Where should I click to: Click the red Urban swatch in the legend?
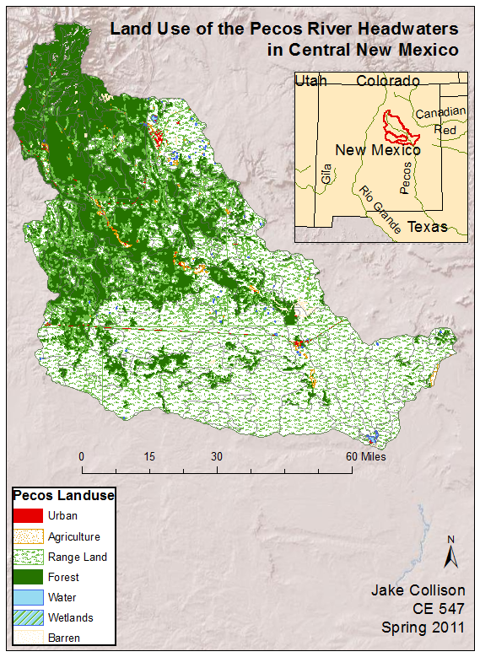point(28,515)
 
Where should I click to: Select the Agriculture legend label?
point(73,536)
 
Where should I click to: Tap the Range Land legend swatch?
point(28,557)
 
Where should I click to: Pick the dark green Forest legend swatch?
point(28,577)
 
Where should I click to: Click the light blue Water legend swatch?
point(28,597)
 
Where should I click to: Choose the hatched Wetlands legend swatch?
point(28,617)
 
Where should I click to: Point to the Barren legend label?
point(64,638)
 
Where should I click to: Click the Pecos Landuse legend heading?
point(63,495)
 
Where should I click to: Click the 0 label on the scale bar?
point(82,456)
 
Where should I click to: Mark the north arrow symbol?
point(451,552)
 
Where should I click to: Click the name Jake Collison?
point(418,590)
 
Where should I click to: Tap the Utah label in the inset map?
point(310,81)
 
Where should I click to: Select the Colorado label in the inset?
point(387,81)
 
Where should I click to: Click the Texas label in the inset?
point(428,227)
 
